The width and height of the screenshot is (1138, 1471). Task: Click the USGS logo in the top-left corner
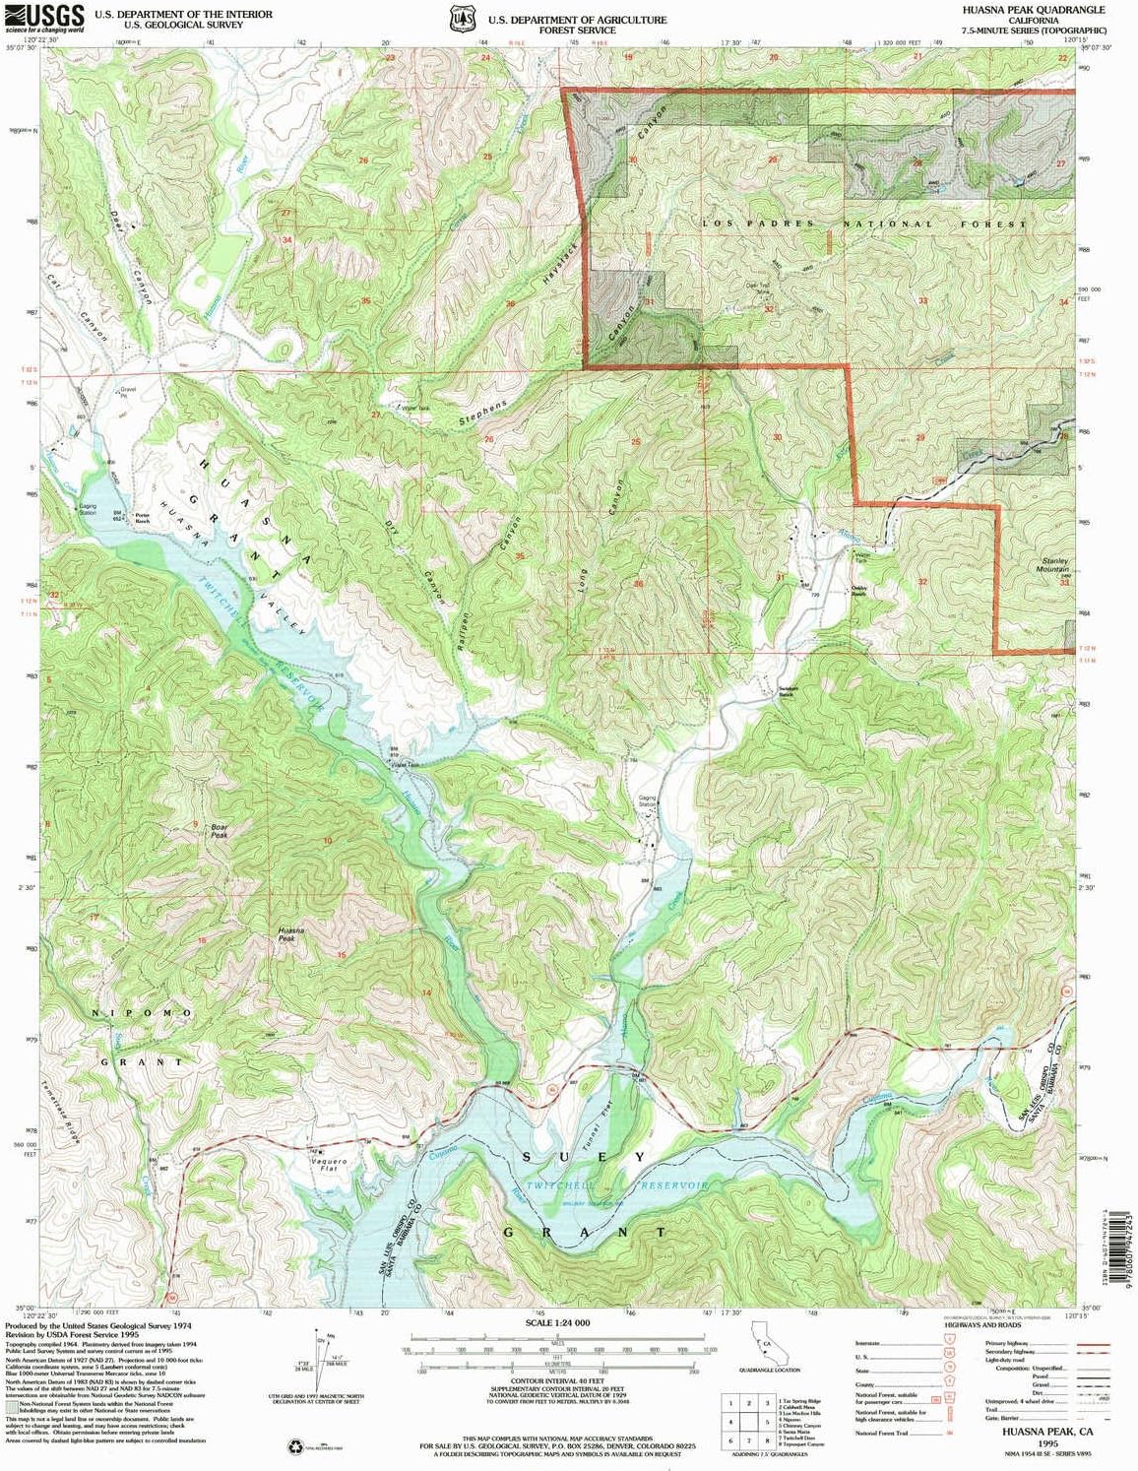click(x=45, y=17)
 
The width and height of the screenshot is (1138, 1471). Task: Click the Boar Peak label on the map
click(x=219, y=830)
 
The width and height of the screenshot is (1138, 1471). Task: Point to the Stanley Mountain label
click(x=1054, y=565)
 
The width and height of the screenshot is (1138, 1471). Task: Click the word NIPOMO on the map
click(x=143, y=1013)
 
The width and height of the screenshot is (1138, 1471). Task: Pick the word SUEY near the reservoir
click(x=585, y=1157)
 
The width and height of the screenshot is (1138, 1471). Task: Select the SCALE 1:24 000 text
click(x=557, y=1322)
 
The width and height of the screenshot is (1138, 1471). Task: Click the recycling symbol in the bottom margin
click(x=295, y=1447)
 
